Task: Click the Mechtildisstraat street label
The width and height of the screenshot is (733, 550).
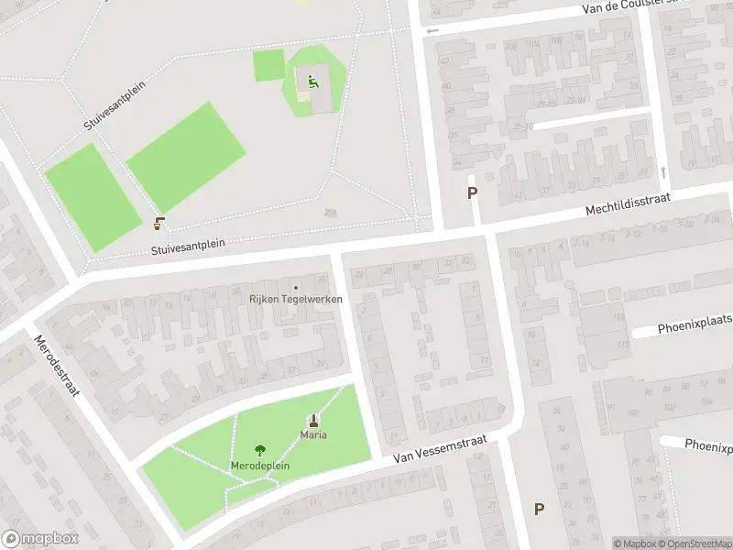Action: [629, 205]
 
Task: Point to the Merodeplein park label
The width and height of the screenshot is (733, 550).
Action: [260, 466]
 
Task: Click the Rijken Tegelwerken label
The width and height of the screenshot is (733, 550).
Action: [295, 299]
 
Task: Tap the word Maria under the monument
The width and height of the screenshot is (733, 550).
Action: [314, 434]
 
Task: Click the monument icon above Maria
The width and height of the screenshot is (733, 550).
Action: [314, 421]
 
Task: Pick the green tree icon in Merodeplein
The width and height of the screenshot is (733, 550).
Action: [260, 450]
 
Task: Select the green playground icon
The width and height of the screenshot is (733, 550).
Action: [312, 82]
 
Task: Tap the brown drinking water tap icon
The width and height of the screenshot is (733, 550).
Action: [160, 222]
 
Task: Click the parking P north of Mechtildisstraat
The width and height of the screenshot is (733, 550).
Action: [473, 193]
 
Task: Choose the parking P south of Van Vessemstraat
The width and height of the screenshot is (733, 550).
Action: [539, 509]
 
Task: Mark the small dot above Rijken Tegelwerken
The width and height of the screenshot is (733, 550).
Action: [295, 288]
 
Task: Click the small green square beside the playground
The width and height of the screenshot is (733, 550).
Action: [269, 65]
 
